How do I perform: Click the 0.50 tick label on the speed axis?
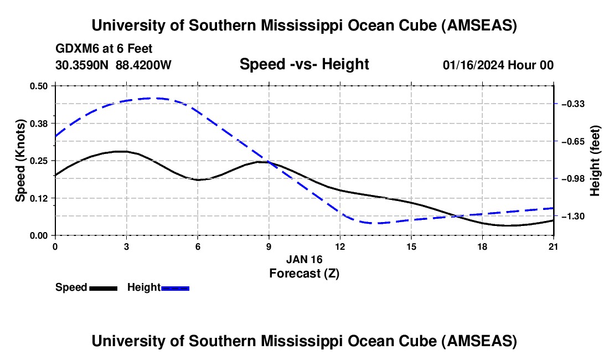pyautogui.click(x=39, y=86)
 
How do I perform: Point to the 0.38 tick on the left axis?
pyautogui.click(x=39, y=123)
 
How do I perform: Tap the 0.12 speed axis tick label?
pyautogui.click(x=39, y=198)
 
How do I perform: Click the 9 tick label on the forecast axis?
pyautogui.click(x=269, y=246)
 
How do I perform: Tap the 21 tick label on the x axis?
pyautogui.click(x=554, y=246)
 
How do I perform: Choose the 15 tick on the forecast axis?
pyautogui.click(x=411, y=246)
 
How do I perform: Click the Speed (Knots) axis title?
pyautogui.click(x=20, y=161)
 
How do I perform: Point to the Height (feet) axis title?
pyautogui.click(x=595, y=161)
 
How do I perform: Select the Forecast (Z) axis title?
pyautogui.click(x=304, y=273)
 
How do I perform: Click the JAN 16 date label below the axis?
pyautogui.click(x=304, y=259)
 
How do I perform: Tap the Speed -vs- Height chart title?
pyautogui.click(x=304, y=64)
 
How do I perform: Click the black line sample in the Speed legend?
pyautogui.click(x=104, y=288)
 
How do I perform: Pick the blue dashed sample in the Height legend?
pyautogui.click(x=176, y=288)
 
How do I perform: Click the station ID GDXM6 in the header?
pyautogui.click(x=75, y=49)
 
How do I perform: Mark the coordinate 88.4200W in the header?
pyautogui.click(x=143, y=65)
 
